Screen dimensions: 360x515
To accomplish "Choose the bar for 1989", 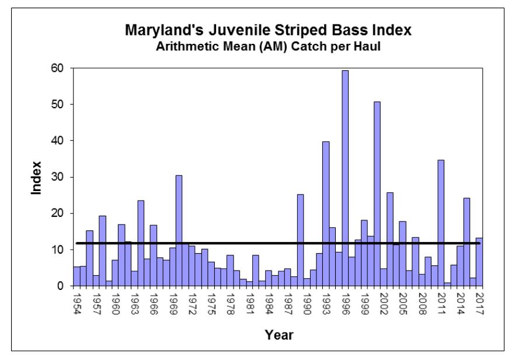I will [300, 240].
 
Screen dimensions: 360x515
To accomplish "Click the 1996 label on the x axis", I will [346, 303].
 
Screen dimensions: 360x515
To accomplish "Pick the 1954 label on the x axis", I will [76, 303].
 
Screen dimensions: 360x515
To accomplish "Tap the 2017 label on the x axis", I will [479, 303].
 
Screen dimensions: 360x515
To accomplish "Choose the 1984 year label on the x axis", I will [269, 303].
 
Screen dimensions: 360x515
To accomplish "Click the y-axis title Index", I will [36, 177].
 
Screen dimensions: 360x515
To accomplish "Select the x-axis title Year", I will [279, 335].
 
